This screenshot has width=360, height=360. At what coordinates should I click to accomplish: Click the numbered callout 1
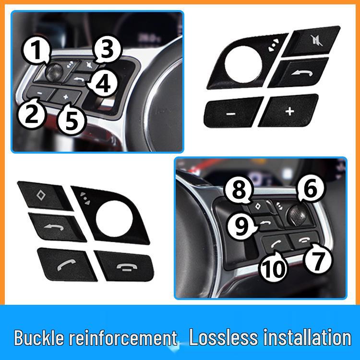[36, 50]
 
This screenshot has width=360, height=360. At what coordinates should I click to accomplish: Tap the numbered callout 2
[32, 113]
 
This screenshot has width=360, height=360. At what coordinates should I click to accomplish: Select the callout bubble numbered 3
[107, 49]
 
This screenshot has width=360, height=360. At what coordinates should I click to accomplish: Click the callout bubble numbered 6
[311, 189]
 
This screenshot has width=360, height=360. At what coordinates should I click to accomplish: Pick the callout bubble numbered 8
[239, 191]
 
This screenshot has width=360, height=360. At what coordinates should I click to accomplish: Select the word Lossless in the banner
[224, 337]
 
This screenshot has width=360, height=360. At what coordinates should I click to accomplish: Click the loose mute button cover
[312, 41]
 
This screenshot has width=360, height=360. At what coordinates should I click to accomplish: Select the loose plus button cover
[288, 111]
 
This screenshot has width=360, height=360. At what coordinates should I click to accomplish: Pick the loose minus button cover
[233, 112]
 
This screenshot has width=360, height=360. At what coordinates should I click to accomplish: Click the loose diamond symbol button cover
[45, 196]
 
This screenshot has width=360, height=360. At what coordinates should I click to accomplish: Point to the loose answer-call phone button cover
[67, 264]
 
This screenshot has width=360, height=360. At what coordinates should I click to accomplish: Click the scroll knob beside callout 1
[53, 72]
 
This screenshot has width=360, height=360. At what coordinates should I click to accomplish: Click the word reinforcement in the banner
[123, 337]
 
